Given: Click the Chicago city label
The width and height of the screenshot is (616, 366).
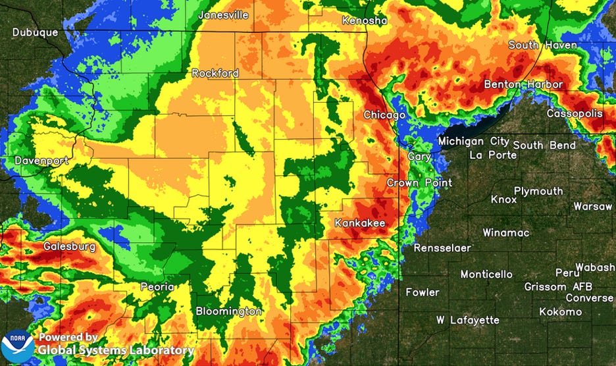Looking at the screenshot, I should coord(385,115).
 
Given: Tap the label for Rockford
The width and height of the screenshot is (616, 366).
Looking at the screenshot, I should coord(215,74).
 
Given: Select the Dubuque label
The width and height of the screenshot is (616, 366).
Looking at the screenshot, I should coord(35,32).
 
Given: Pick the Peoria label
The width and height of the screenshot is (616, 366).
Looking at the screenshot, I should coord(157,287).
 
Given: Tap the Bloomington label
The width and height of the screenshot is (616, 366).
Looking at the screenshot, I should coord(228,311).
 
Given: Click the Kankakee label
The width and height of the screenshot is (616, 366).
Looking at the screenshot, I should coord(359,223).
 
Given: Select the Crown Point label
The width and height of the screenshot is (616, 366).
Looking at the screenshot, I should coord(419,182).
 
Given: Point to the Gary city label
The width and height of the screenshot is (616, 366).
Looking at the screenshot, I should coord(419,157).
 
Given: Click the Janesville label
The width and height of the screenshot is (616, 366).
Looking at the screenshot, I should coord(224,14).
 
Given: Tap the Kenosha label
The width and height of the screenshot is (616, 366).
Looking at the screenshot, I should coord(365,21).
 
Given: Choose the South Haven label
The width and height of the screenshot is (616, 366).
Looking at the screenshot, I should coord(542,45).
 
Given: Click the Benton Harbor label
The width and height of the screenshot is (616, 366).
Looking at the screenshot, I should coord(523,84).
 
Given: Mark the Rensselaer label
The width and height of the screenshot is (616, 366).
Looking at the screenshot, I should coord(442,248).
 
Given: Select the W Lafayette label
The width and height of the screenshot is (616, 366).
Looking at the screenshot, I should coord(468,320).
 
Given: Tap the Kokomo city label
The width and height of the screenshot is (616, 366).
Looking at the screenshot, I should coord(560,311).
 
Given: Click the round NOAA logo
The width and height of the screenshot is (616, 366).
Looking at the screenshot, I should coord(17,346).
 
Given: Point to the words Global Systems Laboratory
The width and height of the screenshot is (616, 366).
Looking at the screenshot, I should coord(116,351).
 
